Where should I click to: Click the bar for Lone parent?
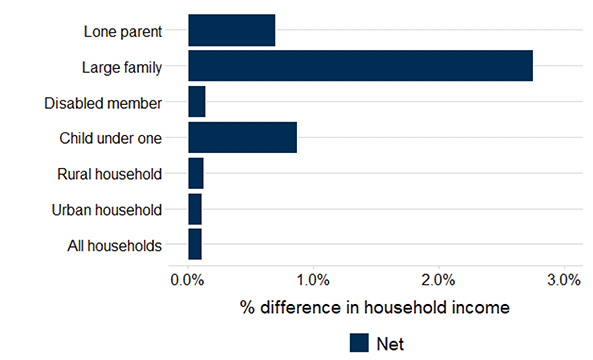coord(231,31)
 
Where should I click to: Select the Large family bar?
coord(360,66)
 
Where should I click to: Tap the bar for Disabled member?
coord(196,102)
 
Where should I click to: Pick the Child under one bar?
coord(242,137)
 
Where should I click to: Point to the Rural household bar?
coord(195,173)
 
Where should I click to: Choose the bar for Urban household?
coord(194,209)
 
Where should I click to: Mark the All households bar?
coord(194,244)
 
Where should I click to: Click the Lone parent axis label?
coord(122,31)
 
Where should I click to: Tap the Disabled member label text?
coord(103,103)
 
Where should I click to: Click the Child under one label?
coord(110,138)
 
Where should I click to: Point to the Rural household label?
coord(109,174)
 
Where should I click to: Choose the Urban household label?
coord(106,210)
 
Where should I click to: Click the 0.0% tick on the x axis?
coord(188,280)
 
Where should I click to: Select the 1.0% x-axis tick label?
coord(313,280)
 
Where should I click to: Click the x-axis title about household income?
coord(375,307)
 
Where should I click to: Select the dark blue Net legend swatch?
coord(360,343)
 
